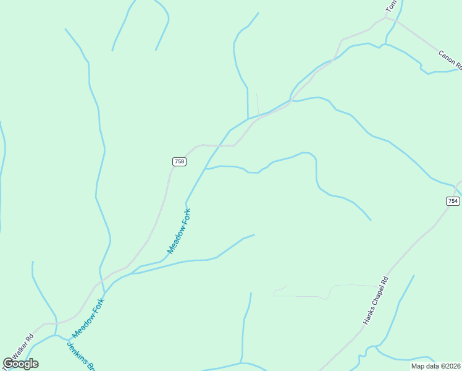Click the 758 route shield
(178, 161)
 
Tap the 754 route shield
(453, 201)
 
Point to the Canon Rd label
(450, 59)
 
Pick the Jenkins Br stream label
(80, 356)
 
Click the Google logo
(21, 363)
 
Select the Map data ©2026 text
(435, 366)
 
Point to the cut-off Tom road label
(391, 7)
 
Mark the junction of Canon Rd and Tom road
(386, 18)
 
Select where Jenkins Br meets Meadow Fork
(55, 336)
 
